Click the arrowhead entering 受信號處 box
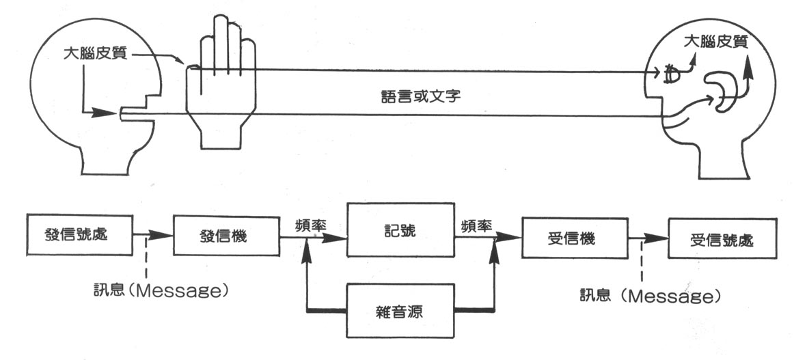(x=658, y=238)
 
